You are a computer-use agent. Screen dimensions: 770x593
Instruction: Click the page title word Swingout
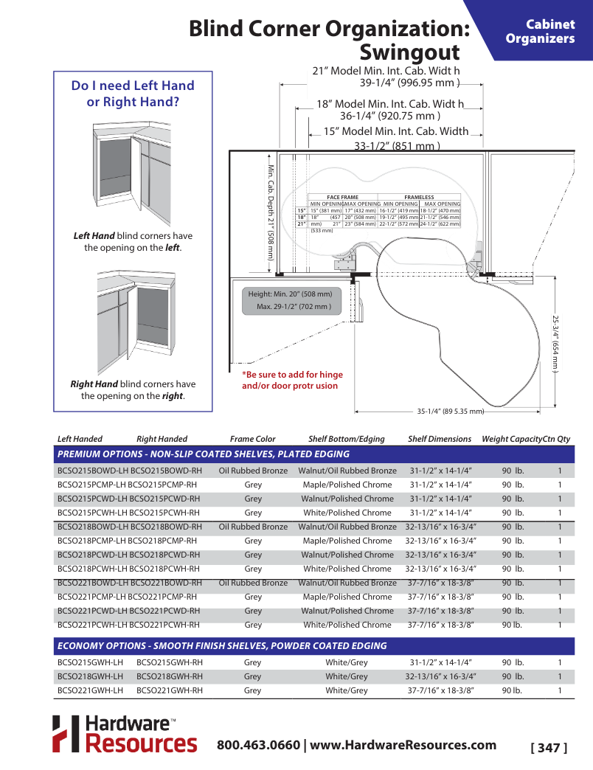point(409,53)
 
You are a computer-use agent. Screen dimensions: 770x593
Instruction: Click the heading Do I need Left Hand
point(133,86)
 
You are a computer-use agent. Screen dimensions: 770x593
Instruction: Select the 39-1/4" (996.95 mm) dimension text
point(409,83)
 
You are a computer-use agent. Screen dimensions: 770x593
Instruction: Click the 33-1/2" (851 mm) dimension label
point(397,146)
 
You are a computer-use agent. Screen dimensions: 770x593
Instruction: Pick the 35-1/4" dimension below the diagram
point(450,411)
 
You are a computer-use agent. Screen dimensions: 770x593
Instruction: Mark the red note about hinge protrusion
point(292,380)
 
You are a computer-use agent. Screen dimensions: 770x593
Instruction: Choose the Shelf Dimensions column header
point(439,439)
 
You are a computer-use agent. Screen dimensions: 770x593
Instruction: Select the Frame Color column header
point(252,439)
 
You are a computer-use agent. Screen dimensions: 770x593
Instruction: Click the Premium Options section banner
point(204,454)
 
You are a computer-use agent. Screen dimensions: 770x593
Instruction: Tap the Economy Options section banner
point(222,645)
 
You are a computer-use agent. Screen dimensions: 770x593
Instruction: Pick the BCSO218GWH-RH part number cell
point(170,676)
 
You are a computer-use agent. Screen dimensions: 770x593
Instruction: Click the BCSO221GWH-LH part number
point(90,690)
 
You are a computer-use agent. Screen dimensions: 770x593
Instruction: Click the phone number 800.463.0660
point(258,744)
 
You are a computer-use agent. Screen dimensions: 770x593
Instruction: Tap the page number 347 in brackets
point(549,748)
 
